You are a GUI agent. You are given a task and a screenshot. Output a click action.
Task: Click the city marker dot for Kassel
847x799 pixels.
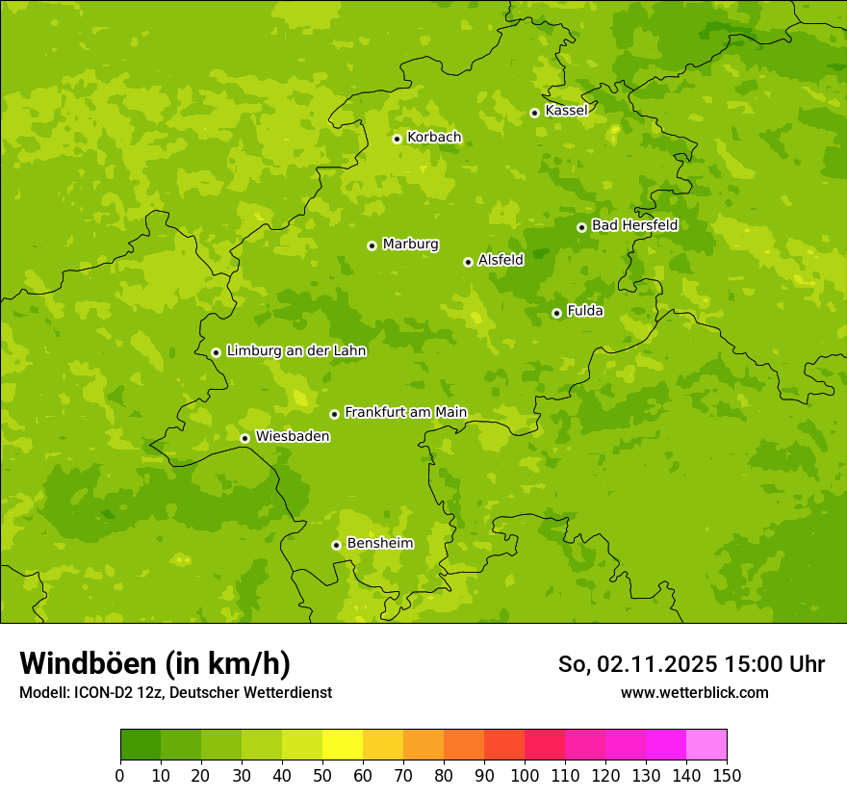tap(534, 113)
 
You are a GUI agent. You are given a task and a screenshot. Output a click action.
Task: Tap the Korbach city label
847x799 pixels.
tap(434, 138)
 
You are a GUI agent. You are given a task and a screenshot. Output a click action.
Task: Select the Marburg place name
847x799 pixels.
tap(410, 245)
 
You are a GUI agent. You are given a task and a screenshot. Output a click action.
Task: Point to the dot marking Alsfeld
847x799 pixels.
tap(468, 262)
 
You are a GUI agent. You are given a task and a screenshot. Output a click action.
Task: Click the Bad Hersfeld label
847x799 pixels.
tap(634, 226)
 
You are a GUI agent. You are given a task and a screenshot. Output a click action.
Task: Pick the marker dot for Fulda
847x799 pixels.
tap(556, 313)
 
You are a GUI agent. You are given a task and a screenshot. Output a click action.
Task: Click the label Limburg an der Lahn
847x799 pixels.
tap(295, 351)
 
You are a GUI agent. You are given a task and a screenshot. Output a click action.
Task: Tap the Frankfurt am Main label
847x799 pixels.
tap(405, 413)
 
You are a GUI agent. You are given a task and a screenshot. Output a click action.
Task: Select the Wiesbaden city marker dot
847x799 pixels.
tap(244, 438)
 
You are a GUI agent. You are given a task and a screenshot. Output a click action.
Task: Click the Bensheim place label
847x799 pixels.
tap(379, 544)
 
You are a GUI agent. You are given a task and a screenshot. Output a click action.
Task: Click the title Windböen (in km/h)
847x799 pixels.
tap(155, 663)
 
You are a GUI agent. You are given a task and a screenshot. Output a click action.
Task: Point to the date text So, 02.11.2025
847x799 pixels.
tap(637, 664)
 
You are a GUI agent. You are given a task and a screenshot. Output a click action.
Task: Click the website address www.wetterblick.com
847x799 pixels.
tap(694, 692)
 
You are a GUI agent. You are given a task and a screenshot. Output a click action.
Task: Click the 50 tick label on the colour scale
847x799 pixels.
tap(322, 776)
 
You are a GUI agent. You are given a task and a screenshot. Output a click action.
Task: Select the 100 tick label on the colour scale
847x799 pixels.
tap(525, 776)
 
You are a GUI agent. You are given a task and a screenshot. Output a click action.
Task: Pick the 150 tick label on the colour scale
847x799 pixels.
tap(727, 776)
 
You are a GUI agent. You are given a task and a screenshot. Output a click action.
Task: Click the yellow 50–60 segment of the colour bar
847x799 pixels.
tap(343, 745)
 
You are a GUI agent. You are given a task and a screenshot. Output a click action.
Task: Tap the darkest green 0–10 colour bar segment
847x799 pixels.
tap(141, 745)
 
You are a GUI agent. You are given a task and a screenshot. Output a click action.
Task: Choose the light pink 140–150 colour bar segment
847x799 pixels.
tap(706, 745)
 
